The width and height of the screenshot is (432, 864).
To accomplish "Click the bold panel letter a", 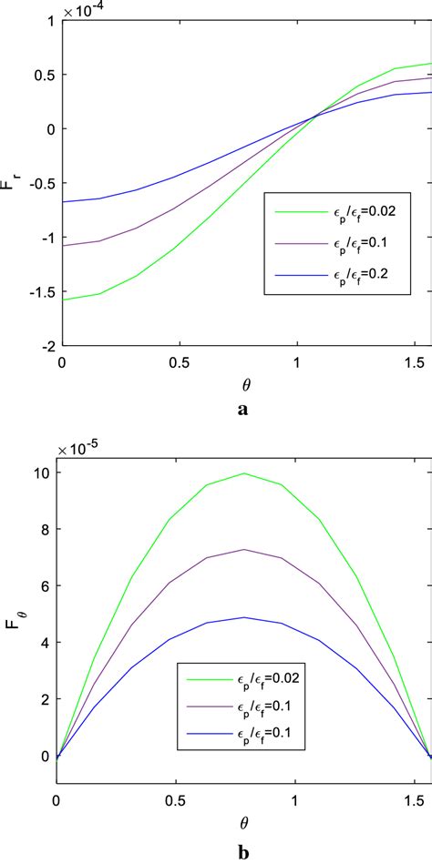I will [x=242, y=410].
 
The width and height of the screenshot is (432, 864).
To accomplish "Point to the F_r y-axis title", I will [x=13, y=182].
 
